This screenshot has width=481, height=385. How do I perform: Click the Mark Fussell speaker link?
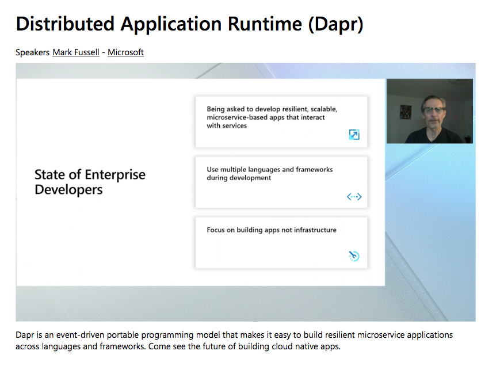click(76, 52)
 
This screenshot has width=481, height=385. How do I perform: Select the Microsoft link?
click(125, 52)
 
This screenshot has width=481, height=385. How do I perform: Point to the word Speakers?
click(32, 52)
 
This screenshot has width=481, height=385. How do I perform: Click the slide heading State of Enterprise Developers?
click(90, 182)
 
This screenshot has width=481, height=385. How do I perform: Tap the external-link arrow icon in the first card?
click(354, 135)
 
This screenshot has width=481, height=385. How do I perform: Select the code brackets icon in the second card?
click(354, 197)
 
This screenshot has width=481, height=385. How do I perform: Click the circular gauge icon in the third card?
click(354, 256)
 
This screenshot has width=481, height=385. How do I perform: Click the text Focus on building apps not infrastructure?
click(272, 230)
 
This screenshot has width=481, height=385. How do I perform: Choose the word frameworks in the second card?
click(314, 170)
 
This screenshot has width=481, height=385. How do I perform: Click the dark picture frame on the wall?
click(406, 111)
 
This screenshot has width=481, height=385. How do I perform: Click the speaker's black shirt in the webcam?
click(432, 136)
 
